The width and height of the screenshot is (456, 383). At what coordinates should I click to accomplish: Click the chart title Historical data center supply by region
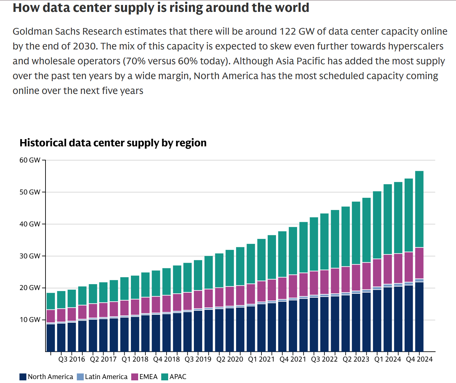[113, 143]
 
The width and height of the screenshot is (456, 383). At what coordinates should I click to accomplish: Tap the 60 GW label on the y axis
[30, 160]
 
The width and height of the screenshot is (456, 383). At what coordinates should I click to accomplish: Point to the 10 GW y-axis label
[30, 320]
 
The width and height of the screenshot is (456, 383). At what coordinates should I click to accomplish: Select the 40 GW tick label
[30, 224]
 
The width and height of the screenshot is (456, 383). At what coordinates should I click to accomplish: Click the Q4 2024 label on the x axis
[419, 359]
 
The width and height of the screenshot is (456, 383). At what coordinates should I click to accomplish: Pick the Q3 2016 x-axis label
[72, 359]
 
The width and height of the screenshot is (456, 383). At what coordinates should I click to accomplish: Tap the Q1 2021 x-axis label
[261, 359]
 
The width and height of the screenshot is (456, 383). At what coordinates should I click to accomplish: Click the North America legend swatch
[23, 377]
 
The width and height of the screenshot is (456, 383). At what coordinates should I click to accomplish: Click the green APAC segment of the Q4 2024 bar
[419, 209]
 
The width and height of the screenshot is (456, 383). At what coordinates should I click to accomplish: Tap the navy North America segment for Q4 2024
[419, 316]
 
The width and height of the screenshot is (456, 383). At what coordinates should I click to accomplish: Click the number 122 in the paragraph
[288, 31]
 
